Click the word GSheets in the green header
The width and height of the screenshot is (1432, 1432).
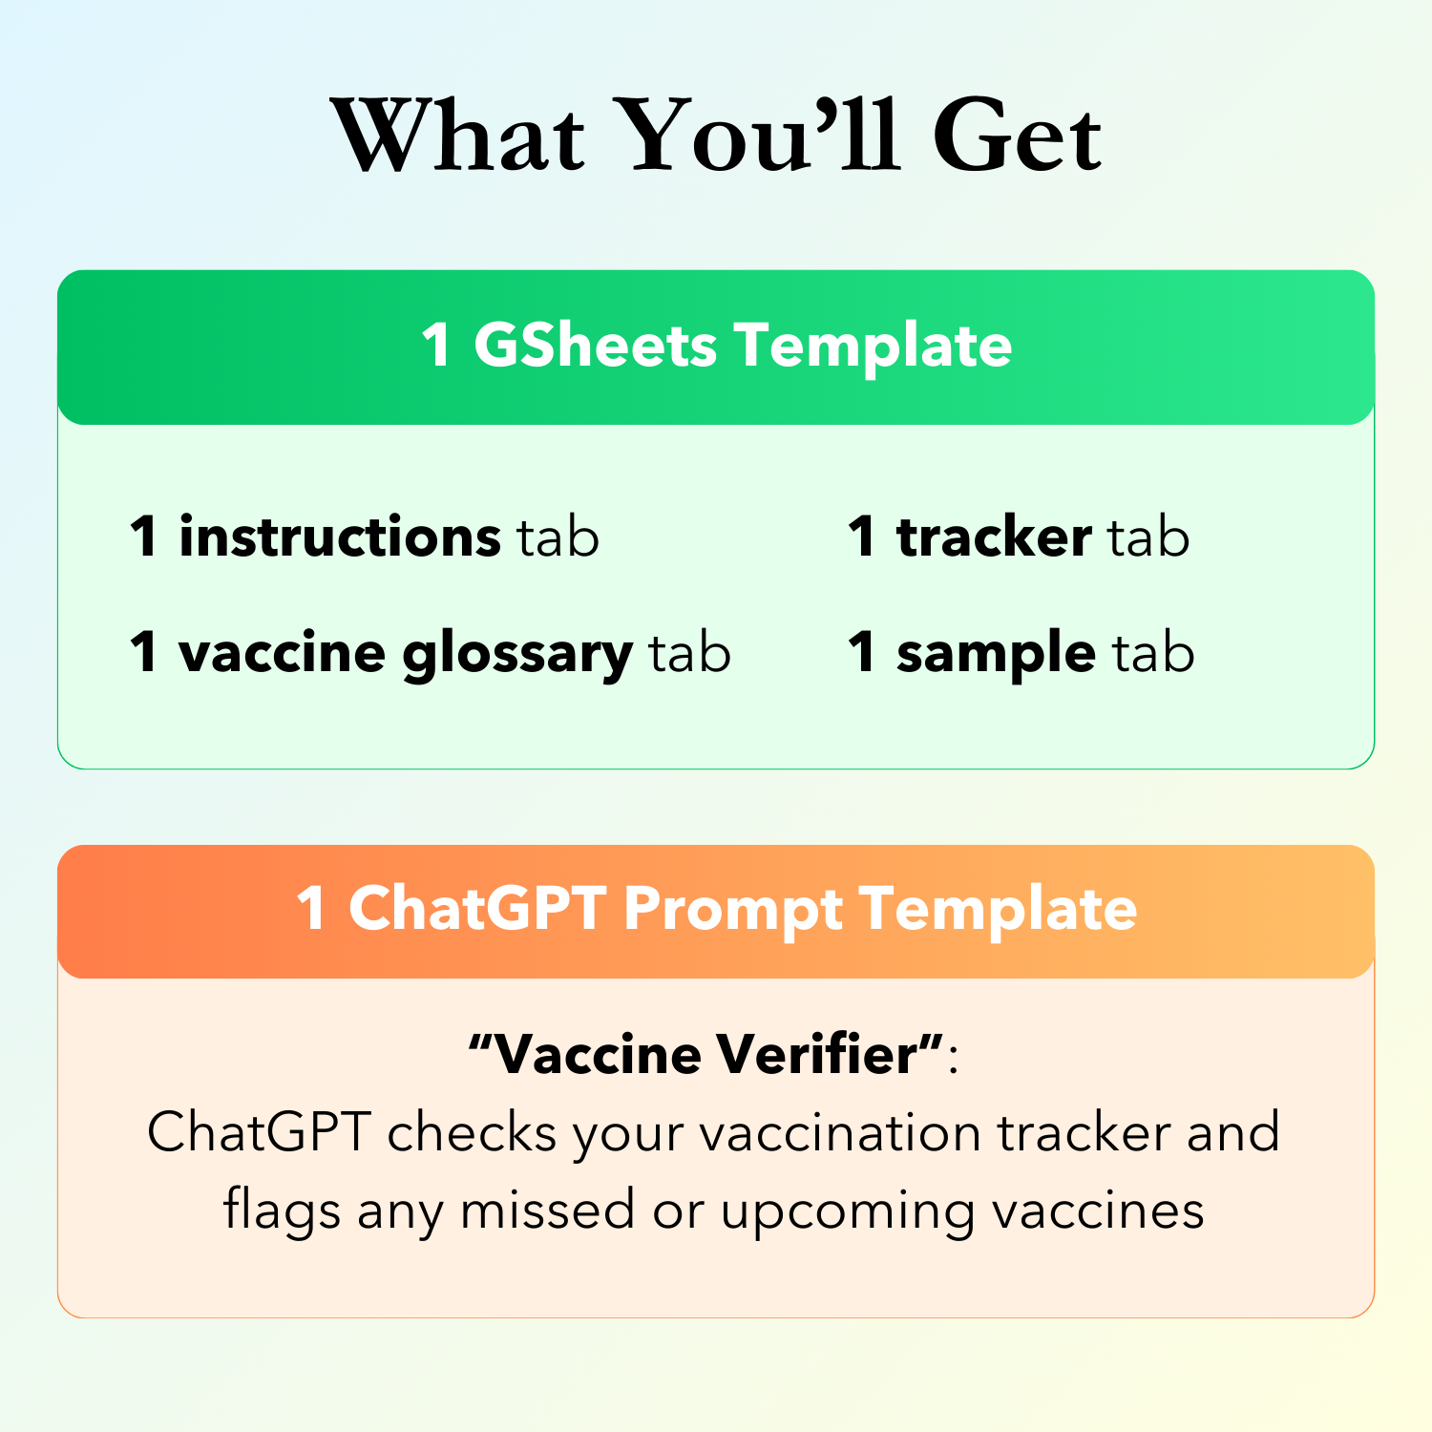(595, 346)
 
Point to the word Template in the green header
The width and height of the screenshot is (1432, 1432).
(873, 346)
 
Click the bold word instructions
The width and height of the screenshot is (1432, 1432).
(339, 537)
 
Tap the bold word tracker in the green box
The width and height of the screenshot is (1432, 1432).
(994, 537)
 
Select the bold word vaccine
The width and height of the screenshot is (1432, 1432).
(283, 654)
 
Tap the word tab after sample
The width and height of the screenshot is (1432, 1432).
(1153, 653)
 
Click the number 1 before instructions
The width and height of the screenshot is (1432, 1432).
(143, 537)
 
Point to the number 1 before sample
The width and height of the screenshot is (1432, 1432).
(861, 653)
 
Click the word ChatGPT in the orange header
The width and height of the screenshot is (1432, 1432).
(477, 908)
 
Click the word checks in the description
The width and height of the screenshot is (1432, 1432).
(472, 1133)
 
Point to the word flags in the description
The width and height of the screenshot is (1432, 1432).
(282, 1211)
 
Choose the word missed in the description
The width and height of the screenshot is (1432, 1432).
(547, 1211)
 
